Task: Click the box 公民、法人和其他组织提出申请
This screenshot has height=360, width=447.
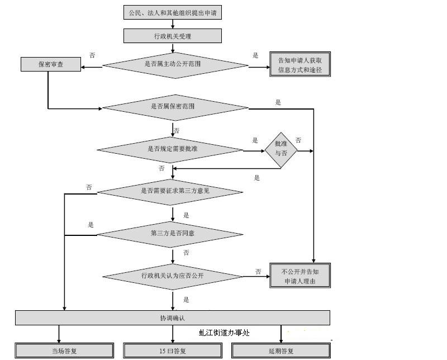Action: [173, 12]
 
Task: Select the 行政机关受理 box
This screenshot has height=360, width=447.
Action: [173, 36]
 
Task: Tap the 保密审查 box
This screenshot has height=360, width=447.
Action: [51, 64]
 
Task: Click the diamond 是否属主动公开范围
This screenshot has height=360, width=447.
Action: [175, 64]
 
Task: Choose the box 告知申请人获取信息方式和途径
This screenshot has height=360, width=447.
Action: [300, 64]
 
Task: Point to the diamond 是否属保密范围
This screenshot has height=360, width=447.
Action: [175, 107]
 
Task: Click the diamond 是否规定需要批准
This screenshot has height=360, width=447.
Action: [170, 149]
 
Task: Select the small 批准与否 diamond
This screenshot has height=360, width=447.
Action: [280, 149]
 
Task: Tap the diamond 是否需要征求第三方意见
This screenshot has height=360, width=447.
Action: [170, 191]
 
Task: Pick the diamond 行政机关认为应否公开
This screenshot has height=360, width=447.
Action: [172, 276]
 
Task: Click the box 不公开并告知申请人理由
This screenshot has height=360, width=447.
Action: [300, 276]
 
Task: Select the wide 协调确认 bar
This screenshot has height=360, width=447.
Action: [172, 318]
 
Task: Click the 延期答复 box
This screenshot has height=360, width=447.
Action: [280, 351]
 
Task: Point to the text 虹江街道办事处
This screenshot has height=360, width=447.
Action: [223, 333]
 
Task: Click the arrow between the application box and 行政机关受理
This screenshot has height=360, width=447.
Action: [173, 24]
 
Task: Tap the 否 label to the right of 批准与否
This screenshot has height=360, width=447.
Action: [298, 140]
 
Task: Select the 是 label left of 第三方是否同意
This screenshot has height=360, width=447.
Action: [91, 225]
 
